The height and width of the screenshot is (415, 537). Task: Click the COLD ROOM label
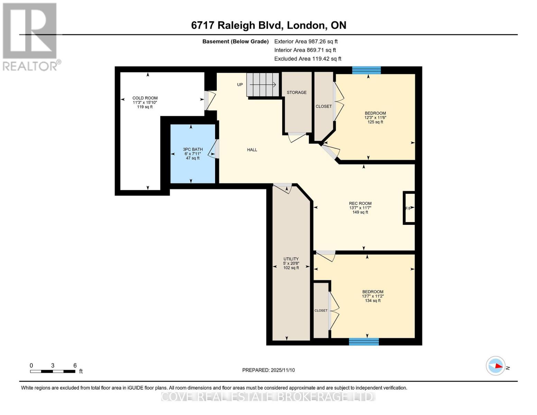pos(145,98)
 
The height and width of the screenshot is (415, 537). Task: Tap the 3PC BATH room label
pos(193,149)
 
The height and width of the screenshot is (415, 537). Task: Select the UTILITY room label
pos(291,259)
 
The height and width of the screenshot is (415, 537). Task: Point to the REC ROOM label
pos(360,204)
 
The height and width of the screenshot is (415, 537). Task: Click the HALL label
pos(252,150)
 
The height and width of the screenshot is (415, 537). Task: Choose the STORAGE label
pos(296,92)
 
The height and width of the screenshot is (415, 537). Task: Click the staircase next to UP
pos(262,85)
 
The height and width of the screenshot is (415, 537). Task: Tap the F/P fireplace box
pos(409,208)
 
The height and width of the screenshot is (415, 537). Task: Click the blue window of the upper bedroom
pos(366,70)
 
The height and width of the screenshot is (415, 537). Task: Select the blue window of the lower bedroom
pos(364,342)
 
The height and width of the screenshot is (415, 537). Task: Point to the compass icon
pos(496,366)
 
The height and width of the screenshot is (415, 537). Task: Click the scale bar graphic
pos(53,371)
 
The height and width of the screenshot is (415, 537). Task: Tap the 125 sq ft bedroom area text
pos(375,122)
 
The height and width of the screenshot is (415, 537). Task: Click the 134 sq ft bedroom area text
pos(373,301)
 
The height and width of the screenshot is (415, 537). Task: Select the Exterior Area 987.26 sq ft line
pos(306,41)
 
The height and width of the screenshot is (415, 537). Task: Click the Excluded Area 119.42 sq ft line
pos(307,59)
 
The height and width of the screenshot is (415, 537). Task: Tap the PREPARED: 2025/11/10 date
pos(268,370)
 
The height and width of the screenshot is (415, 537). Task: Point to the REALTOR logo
pos(30,36)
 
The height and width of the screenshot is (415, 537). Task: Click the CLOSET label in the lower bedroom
pos(321,311)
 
